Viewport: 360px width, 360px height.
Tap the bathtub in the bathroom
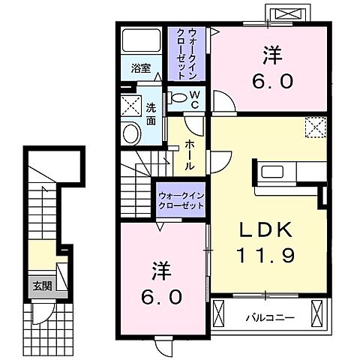(141, 43)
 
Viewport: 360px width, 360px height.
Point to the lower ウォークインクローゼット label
(181, 200)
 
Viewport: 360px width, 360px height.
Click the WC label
(193, 99)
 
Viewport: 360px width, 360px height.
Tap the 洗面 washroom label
(151, 112)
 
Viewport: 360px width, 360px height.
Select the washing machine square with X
(131, 105)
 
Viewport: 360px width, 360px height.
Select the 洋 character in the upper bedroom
(271, 54)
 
